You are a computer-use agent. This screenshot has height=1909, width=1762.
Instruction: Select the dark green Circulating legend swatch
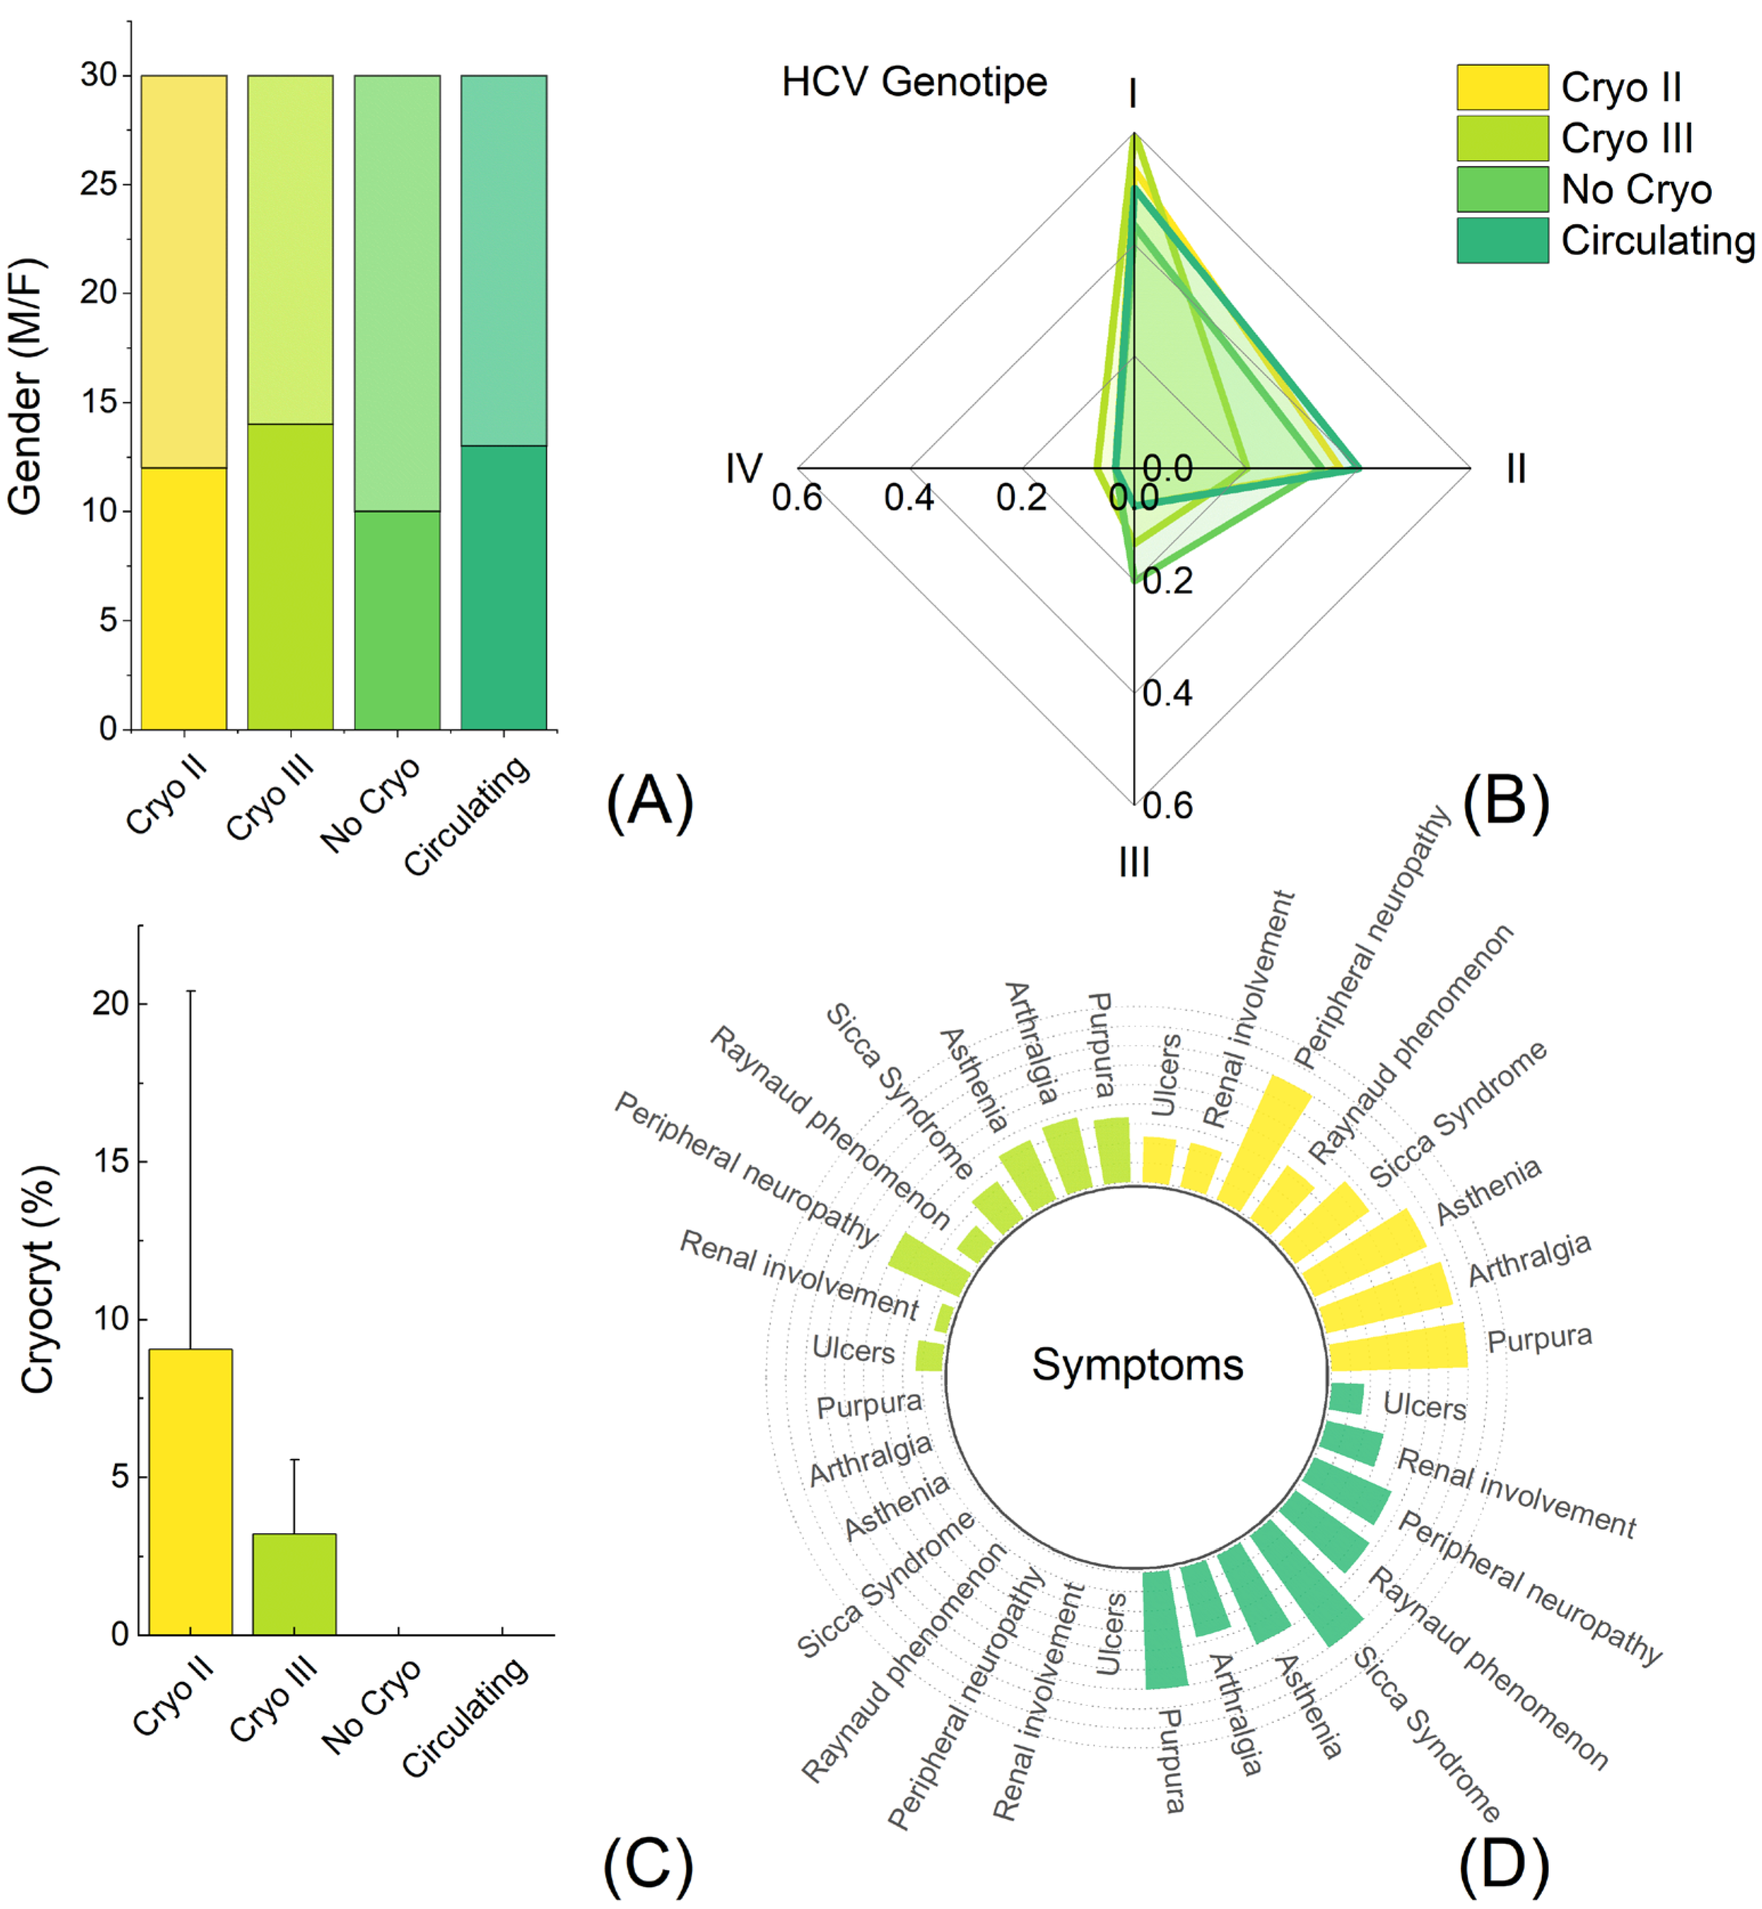pos(1502,240)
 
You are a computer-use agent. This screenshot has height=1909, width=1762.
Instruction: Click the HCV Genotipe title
pos(914,82)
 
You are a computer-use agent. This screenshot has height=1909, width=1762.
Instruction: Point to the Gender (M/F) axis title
pos(26,386)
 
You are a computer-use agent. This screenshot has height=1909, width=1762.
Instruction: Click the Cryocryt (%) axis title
pos(38,1280)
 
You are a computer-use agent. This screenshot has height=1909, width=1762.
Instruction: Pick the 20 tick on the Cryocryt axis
pos(111,1003)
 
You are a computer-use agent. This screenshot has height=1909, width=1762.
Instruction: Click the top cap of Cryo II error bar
pos(190,992)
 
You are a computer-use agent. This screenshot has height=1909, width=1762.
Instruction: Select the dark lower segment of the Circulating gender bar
pos(504,587)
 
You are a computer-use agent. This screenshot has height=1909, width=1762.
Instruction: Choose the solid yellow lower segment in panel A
pos(184,599)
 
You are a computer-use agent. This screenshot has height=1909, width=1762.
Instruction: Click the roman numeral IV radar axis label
pos(744,468)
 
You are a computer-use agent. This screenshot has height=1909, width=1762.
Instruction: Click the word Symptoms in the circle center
pos(1138,1364)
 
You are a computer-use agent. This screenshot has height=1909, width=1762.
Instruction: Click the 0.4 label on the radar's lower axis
pos(1167,693)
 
